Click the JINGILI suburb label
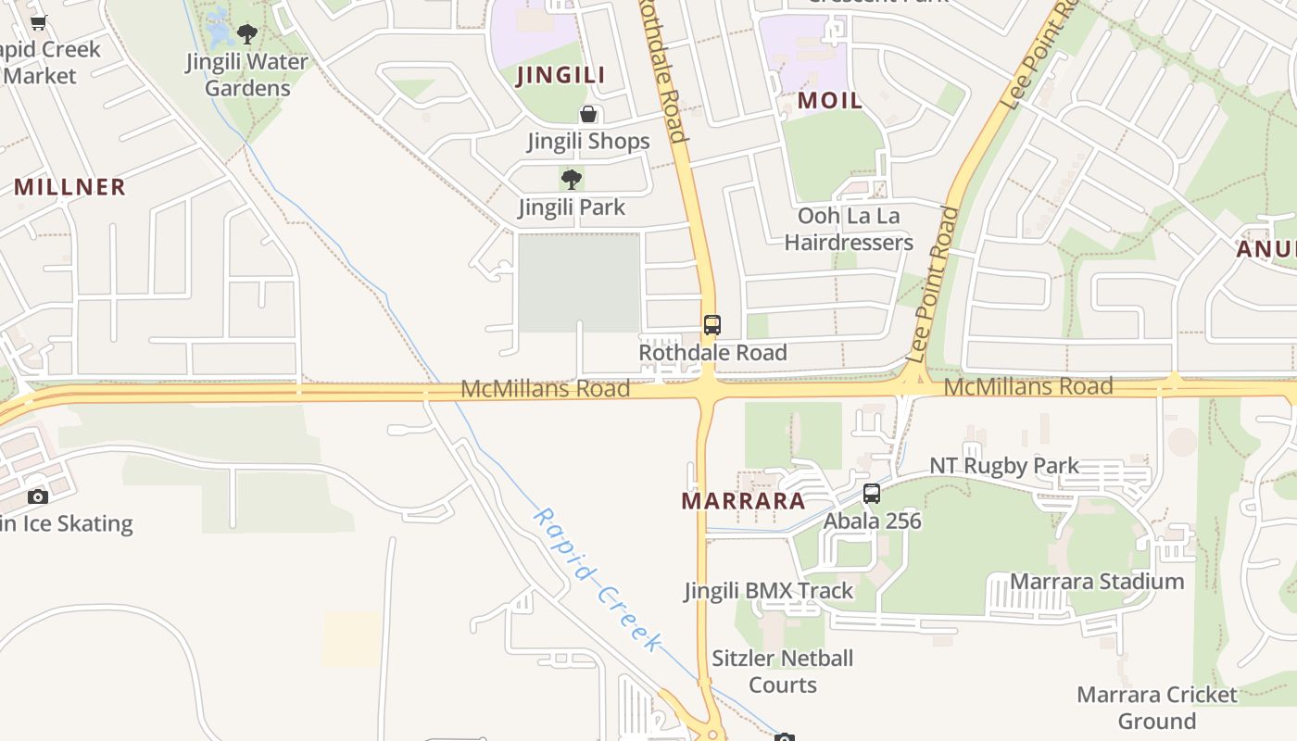(x=560, y=75)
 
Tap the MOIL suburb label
(x=829, y=101)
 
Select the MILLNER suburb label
(x=69, y=187)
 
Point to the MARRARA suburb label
(x=743, y=501)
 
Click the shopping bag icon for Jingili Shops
(x=588, y=115)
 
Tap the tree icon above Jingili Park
(x=572, y=179)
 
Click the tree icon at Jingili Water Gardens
(x=246, y=35)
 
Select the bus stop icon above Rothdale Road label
(x=711, y=325)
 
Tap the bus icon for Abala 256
(x=872, y=494)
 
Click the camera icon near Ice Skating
(x=38, y=496)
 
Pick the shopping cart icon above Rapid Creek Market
(x=38, y=23)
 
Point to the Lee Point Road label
(x=933, y=284)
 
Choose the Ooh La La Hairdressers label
(x=849, y=229)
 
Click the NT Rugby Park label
(x=1004, y=466)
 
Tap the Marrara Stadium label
(x=1097, y=582)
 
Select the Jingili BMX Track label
(x=769, y=591)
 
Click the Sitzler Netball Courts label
(x=783, y=672)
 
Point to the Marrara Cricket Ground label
(x=1157, y=708)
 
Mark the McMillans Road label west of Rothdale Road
(x=545, y=389)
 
